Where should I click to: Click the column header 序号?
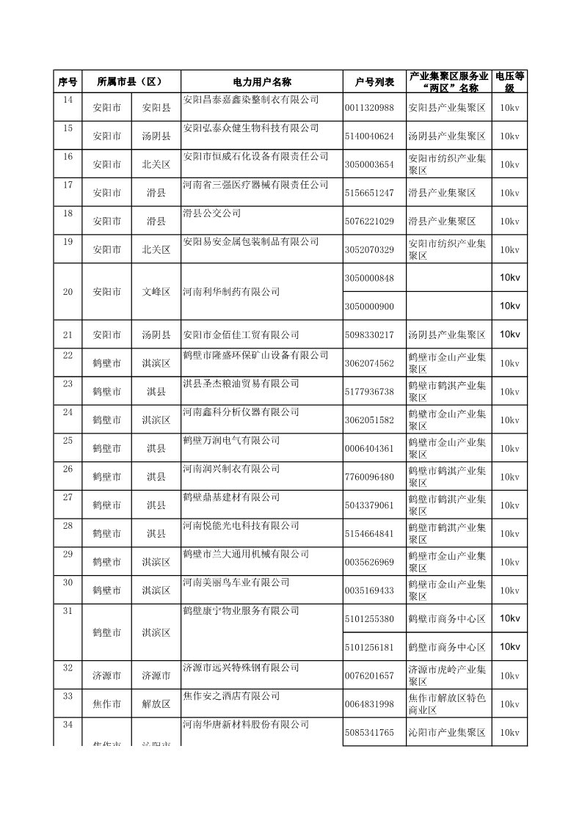(x=68, y=81)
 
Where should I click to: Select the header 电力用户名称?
(x=261, y=81)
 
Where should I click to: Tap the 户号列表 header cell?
(x=374, y=81)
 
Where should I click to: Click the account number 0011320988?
(x=369, y=108)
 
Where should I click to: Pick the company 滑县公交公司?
(x=211, y=213)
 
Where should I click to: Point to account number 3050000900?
(x=369, y=306)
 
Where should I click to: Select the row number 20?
(x=68, y=292)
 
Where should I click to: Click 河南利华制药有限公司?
(x=231, y=292)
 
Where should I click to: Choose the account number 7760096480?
(x=369, y=477)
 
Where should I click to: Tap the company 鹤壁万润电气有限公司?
(x=231, y=441)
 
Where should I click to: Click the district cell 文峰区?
(x=156, y=292)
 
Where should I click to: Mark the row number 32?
(x=68, y=668)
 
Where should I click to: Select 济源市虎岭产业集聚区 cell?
(x=448, y=676)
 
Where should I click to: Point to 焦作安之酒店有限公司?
(x=231, y=696)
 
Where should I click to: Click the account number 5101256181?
(x=369, y=647)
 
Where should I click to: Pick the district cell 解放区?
(x=156, y=704)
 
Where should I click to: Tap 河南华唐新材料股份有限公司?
(x=246, y=725)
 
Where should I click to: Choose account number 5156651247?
(x=369, y=193)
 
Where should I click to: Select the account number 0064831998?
(x=369, y=704)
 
